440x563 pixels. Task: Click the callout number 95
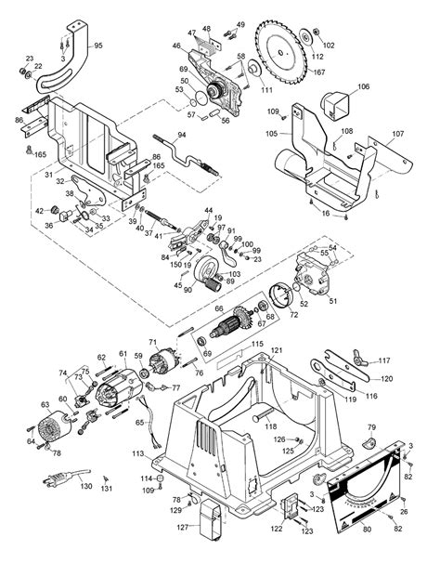(x=99, y=45)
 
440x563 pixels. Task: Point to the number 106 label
(x=363, y=86)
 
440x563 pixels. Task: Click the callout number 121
(x=276, y=350)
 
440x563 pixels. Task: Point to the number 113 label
(x=136, y=455)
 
